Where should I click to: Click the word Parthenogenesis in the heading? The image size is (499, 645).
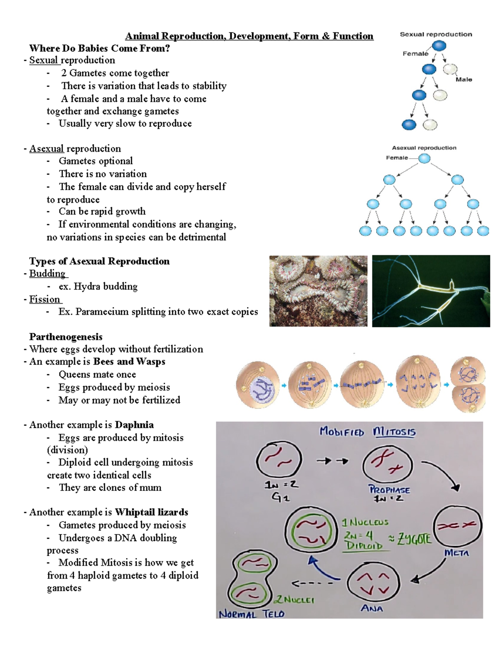66,337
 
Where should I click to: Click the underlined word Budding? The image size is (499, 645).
47,274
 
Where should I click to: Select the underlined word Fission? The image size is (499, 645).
44,299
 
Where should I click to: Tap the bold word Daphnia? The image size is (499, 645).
134,425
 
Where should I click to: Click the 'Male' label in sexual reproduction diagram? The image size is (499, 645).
464,79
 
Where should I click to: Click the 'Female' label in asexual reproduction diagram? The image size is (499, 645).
397,158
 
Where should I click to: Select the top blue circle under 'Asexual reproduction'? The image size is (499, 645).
424,158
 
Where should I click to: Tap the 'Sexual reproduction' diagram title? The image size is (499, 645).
436,34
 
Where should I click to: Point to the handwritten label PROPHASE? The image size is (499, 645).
389,490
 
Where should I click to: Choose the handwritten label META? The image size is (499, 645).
456,553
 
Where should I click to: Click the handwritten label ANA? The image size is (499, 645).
372,608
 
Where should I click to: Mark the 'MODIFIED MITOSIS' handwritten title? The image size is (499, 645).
368,432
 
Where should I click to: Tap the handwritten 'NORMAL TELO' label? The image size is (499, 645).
252,614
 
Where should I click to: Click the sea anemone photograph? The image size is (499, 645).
318,291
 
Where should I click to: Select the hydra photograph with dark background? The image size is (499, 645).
431,291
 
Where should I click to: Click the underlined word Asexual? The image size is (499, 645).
46,149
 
